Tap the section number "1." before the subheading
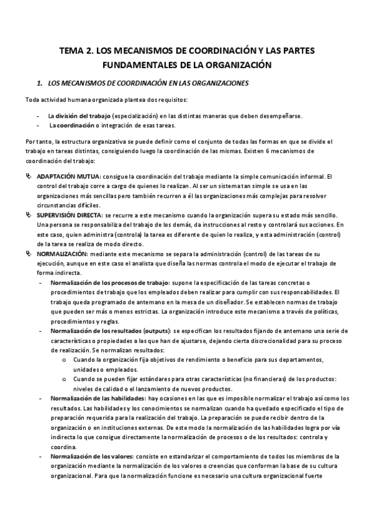point(40,82)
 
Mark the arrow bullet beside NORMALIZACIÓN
point(29,254)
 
